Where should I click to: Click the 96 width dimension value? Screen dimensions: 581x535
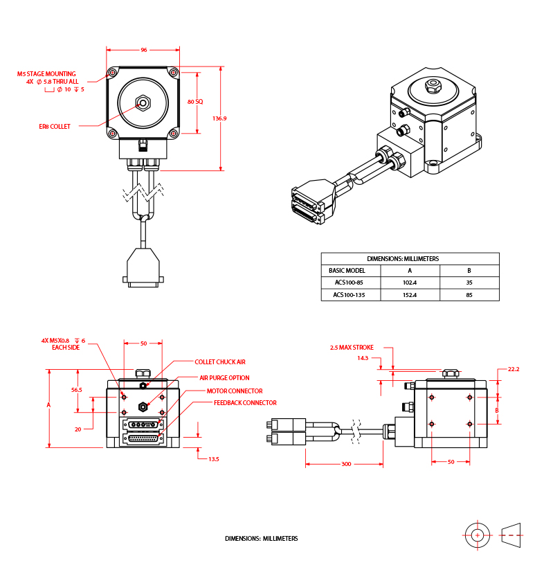(x=144, y=50)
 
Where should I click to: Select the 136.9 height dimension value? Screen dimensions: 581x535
(x=219, y=118)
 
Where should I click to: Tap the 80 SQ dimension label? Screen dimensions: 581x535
(x=195, y=101)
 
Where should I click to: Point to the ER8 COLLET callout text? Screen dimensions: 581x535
(x=55, y=126)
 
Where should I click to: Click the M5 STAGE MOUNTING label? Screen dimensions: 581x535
(x=46, y=73)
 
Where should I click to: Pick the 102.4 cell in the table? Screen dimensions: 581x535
(x=410, y=283)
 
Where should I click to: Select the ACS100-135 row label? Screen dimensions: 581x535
(x=349, y=295)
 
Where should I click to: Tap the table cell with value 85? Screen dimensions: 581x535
(x=469, y=295)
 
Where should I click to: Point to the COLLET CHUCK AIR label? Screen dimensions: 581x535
(x=219, y=361)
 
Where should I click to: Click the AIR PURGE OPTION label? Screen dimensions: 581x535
(x=224, y=378)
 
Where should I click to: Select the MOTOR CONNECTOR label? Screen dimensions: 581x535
(x=235, y=391)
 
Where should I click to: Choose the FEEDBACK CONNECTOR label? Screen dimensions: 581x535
(x=245, y=402)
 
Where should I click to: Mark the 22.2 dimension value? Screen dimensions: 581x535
(x=513, y=369)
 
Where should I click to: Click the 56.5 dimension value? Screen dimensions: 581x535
(x=77, y=390)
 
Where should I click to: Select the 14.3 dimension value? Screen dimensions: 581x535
(x=363, y=358)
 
